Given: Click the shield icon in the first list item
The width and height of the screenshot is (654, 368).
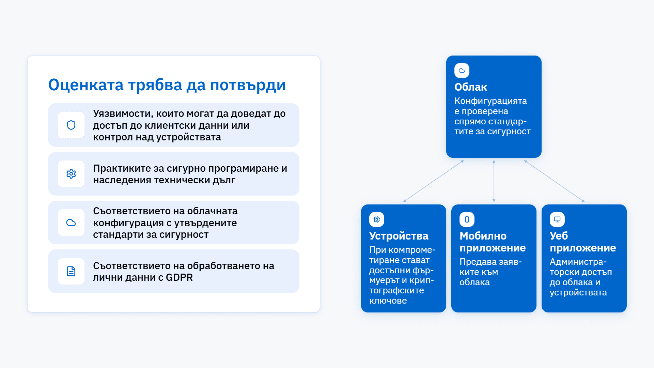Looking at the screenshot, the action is point(71,125).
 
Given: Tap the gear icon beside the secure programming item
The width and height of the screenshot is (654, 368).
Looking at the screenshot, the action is point(71,174).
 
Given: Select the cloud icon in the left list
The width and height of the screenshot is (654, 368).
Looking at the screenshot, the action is point(71,223).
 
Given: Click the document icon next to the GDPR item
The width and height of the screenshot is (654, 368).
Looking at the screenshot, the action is point(71,271).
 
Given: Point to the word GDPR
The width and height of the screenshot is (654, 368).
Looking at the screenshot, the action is point(179,278).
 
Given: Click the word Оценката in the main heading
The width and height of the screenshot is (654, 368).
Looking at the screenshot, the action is point(86,85).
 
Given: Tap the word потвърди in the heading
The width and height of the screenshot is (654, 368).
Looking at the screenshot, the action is point(248,86).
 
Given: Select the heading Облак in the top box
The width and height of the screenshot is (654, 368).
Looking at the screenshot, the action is point(471,87).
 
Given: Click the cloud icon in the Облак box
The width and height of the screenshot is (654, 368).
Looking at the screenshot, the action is point(462,71).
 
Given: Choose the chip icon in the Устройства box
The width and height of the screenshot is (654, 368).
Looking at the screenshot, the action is point(377,219).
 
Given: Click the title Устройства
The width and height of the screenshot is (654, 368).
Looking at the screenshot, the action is point(399,236).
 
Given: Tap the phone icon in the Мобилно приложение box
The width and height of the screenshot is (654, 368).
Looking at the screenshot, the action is point(467,219).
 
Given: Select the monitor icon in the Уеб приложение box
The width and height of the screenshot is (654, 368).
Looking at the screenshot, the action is point(557,219).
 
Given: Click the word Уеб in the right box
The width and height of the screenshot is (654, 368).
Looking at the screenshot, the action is point(559,236).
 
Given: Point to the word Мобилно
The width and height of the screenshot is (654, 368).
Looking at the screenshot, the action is point(483,236).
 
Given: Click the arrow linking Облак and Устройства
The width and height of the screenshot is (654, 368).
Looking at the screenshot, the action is point(433,181).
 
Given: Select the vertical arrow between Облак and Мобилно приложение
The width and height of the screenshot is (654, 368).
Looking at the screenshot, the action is point(494,181).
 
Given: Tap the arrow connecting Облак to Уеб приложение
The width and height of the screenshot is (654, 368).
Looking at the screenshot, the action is point(555,181).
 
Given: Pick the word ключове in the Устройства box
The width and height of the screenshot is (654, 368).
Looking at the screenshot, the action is point(388,301).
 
